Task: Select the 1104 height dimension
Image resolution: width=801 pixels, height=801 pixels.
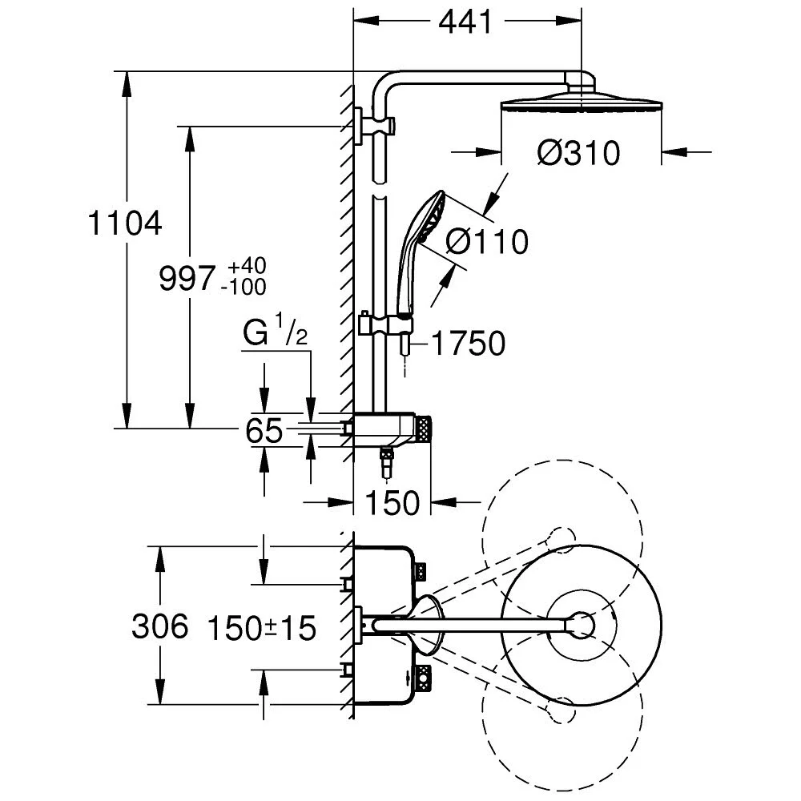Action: tap(126, 223)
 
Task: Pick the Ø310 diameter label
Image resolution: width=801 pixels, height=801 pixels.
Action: tap(578, 152)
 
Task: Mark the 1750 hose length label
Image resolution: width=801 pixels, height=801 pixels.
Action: tap(468, 344)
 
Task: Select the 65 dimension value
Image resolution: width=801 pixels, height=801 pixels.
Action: tap(264, 432)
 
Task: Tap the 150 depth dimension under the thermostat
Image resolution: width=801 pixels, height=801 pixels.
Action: tap(392, 502)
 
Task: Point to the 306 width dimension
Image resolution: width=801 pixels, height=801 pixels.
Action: tap(159, 626)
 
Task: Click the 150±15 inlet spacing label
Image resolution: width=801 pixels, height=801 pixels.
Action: tap(262, 627)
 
